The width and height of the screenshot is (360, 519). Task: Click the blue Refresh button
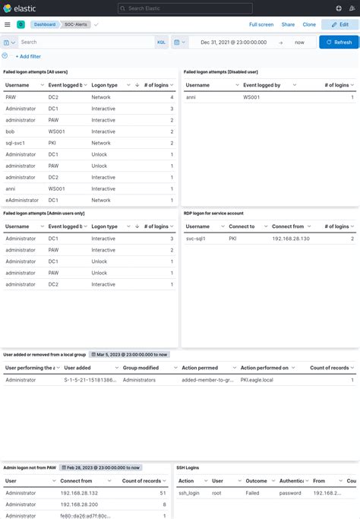click(x=339, y=43)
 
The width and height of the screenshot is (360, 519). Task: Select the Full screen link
click(x=261, y=24)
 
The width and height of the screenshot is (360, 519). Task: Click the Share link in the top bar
click(x=288, y=24)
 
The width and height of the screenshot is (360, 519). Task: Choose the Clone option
click(x=309, y=24)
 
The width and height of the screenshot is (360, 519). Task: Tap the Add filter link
click(x=28, y=56)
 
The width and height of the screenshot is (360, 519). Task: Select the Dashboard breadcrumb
click(x=43, y=24)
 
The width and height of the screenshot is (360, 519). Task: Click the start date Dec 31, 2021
click(x=229, y=43)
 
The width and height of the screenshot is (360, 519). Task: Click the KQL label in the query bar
click(x=161, y=43)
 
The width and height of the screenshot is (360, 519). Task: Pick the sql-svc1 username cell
click(x=15, y=143)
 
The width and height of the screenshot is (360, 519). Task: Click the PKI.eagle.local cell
click(x=257, y=379)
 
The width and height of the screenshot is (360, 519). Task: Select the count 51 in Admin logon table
click(x=163, y=493)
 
